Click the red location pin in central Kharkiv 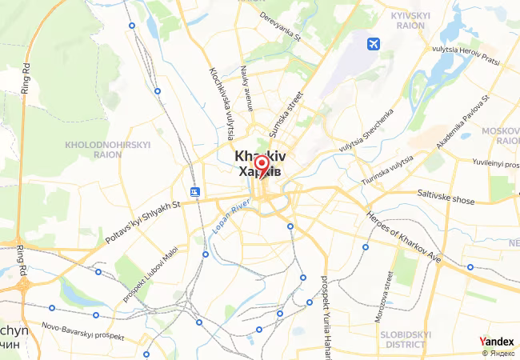[x=260, y=166]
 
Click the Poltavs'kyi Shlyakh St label [x=145, y=216]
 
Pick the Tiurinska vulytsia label [x=387, y=170]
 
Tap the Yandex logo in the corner [x=496, y=342]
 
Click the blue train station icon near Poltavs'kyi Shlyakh [x=195, y=192]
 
